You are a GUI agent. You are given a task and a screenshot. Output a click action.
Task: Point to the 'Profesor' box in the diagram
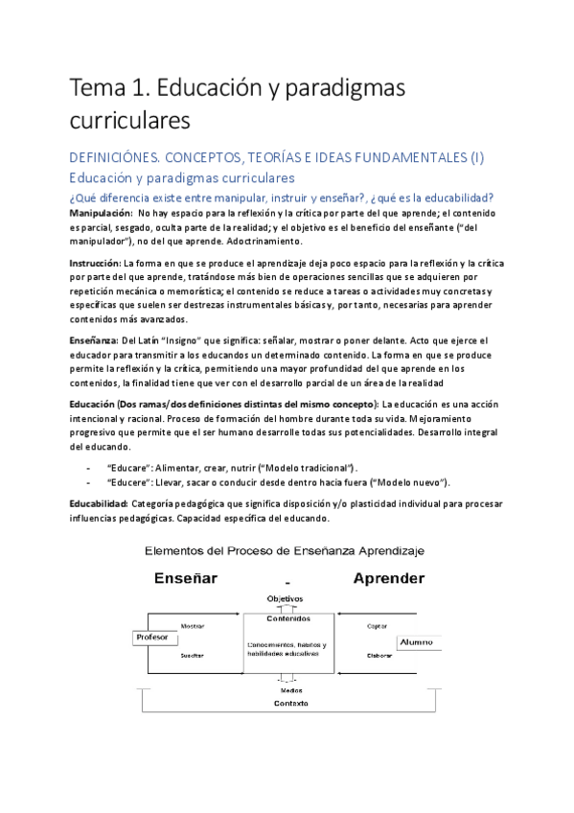[153, 638]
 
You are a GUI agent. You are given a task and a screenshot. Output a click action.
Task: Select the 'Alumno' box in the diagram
[416, 641]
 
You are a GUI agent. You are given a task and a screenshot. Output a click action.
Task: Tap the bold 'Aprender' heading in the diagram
[389, 578]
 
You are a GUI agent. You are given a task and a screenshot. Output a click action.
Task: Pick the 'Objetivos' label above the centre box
[285, 599]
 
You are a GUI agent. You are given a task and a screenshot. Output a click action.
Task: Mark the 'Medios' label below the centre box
[290, 689]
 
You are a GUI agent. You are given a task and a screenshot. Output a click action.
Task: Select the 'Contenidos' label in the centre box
[288, 618]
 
